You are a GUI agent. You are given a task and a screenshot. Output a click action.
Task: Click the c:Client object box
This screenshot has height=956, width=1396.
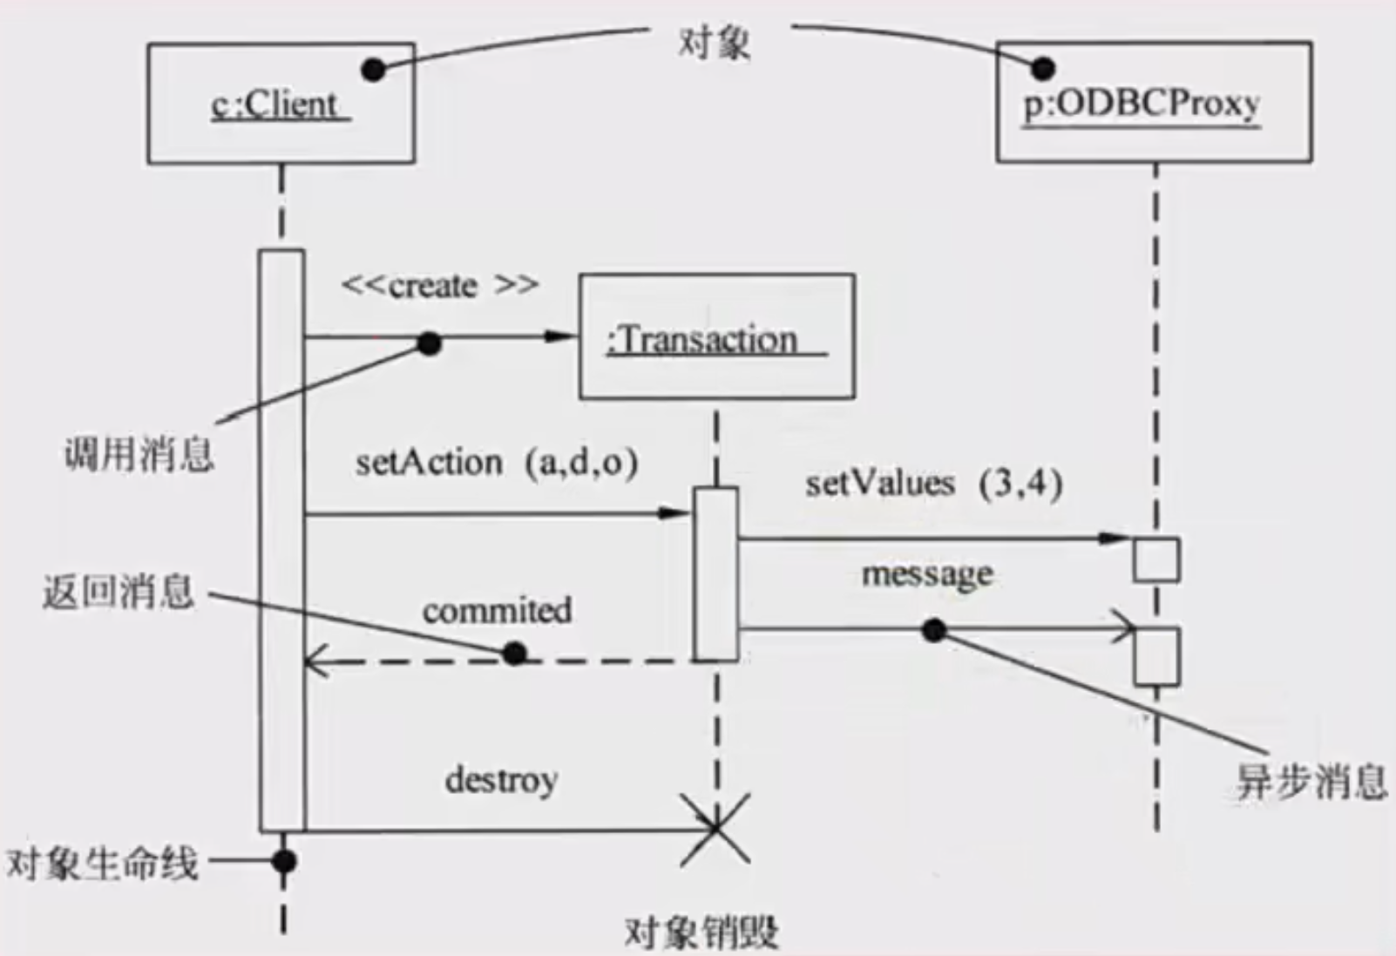coord(281,104)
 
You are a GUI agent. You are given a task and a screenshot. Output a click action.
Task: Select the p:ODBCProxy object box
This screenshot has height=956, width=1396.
coord(1153,102)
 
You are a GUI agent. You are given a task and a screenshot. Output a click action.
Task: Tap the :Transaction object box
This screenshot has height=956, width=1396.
coord(716,337)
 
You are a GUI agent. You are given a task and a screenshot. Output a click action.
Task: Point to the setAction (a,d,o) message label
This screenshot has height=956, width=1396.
coord(496,463)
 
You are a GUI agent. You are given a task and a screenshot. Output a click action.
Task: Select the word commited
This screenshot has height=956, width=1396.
coord(497,611)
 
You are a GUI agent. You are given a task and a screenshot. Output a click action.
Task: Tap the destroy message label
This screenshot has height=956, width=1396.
coord(501,780)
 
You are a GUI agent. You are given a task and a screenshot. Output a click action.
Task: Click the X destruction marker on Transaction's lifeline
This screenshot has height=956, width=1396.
coord(715,829)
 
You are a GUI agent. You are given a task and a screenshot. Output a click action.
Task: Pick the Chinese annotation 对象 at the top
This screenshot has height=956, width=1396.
coord(714,42)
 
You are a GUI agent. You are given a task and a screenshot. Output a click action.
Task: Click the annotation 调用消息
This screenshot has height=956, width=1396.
coord(139,454)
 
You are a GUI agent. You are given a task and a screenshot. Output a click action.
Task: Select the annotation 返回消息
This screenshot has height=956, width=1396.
coord(119,593)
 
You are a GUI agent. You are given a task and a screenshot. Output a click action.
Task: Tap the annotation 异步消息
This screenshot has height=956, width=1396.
coord(1311,781)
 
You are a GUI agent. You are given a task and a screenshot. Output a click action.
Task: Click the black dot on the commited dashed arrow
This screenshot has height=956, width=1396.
coord(514,653)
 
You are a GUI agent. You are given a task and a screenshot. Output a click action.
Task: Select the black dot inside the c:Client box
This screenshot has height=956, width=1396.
coord(373,71)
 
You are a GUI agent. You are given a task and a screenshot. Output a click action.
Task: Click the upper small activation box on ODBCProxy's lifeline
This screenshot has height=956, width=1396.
coord(1156,559)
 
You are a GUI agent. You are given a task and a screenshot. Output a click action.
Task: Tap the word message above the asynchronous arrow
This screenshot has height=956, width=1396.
coord(927,575)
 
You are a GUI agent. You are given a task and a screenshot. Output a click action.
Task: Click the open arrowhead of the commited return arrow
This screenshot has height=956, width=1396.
coord(313,662)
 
